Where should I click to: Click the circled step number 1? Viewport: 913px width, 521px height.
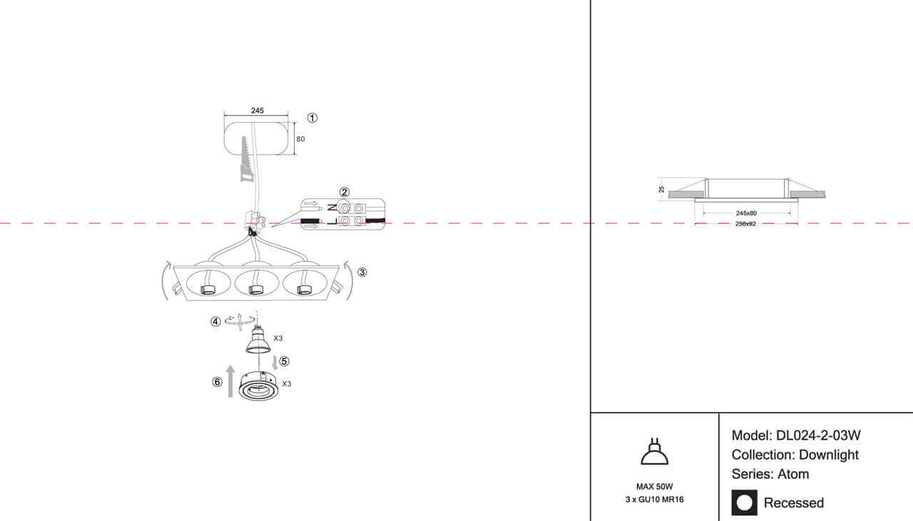[312, 118]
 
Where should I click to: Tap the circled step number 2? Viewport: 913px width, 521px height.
[345, 192]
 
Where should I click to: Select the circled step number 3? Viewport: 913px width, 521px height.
[362, 272]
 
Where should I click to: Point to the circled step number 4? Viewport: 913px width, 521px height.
[215, 322]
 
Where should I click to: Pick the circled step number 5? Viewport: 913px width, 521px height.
[284, 361]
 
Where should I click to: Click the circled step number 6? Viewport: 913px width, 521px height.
[217, 382]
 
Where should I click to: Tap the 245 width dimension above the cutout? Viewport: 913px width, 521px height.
[257, 111]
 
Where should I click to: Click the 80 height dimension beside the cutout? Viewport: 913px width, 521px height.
[300, 139]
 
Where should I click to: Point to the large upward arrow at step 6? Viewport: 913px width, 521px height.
[230, 380]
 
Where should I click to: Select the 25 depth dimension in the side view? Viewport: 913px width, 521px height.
[662, 189]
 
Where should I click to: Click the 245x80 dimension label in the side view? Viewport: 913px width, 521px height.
[746, 213]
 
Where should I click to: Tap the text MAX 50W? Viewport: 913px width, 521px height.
[654, 486]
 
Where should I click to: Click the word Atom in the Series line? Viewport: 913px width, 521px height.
[793, 474]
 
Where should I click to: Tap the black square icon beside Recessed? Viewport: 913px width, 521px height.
[745, 502]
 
